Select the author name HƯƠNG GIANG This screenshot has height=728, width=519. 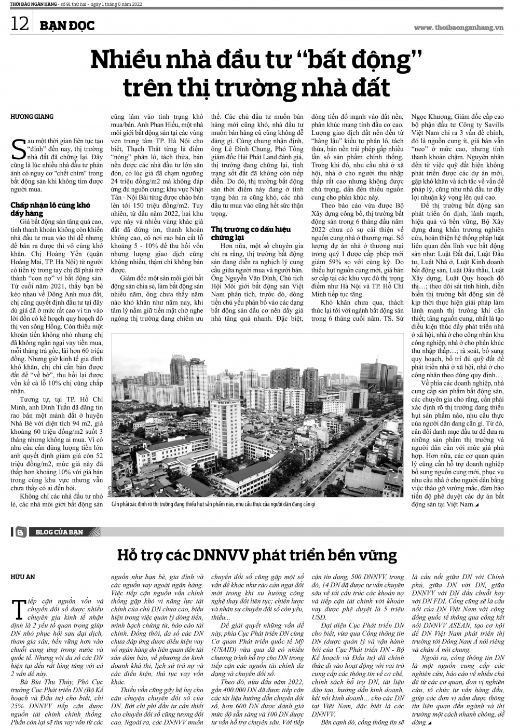(32, 117)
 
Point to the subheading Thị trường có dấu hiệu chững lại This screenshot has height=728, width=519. (251, 232)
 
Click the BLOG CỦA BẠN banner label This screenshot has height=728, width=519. (61, 532)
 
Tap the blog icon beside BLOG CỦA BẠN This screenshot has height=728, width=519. (21, 532)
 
